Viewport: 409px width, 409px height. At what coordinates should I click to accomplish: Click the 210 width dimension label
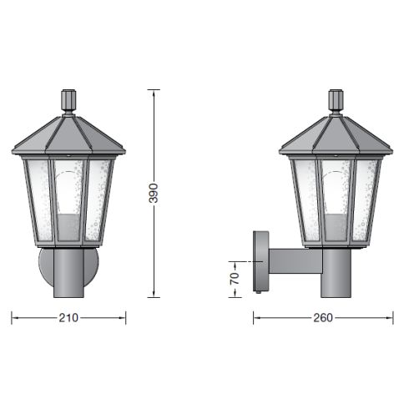click(x=68, y=318)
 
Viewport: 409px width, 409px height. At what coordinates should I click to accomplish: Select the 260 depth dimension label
click(x=323, y=318)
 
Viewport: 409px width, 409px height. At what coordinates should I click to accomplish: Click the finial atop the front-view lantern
click(x=68, y=101)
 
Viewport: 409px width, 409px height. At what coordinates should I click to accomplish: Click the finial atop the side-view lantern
click(x=336, y=101)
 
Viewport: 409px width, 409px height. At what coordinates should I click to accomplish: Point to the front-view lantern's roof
click(x=68, y=134)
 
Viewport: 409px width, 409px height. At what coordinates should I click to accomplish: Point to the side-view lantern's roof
click(x=336, y=134)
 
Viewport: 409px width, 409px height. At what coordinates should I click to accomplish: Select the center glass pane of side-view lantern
click(x=336, y=200)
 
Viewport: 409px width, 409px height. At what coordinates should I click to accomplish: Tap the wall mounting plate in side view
click(x=260, y=262)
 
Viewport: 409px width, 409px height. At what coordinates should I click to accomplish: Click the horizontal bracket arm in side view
click(x=294, y=261)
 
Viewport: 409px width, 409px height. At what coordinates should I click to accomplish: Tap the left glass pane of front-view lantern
click(x=39, y=199)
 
